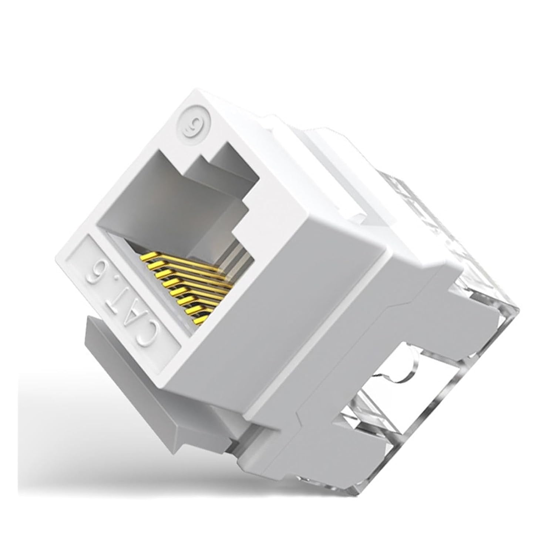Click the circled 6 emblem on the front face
pyautogui.click(x=193, y=122)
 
